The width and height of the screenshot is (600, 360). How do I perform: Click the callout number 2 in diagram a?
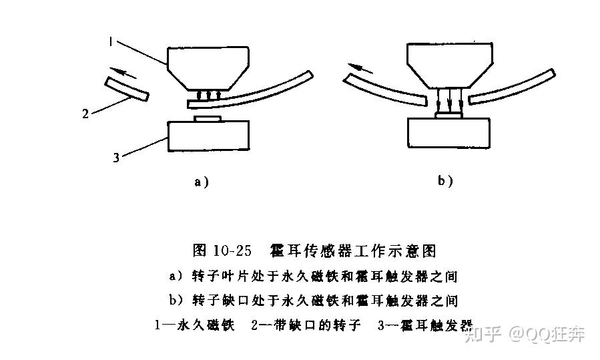[x=85, y=114]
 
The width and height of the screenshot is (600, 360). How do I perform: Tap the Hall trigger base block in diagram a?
[x=208, y=136]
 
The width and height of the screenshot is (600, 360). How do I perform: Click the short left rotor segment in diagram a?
[x=126, y=88]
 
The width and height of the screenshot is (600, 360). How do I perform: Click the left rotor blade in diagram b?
[x=383, y=90]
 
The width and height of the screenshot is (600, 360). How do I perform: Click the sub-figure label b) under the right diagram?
[x=445, y=180]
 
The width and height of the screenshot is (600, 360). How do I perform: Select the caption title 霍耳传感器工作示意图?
[x=353, y=251]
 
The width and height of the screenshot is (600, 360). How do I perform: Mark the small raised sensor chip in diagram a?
[x=208, y=118]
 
